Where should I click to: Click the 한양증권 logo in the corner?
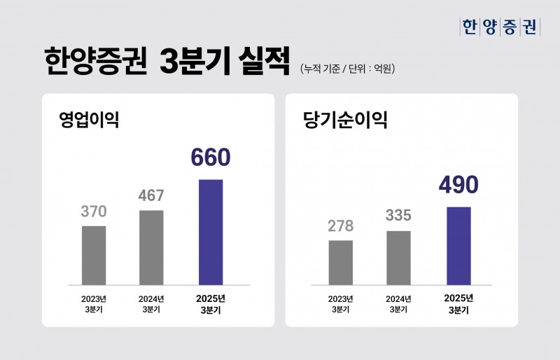499,27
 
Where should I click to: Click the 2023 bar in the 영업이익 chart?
94,255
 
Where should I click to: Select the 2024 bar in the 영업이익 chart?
151,247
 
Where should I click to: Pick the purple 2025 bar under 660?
211,232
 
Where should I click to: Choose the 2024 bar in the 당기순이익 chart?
398,257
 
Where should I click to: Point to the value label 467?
151,196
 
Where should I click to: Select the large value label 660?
210,158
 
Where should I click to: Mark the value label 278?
340,226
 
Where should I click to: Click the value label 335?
398,216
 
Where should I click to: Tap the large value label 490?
458,185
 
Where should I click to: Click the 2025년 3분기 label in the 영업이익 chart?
211,304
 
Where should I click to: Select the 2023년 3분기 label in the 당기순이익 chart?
340,304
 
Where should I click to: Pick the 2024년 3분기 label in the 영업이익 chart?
151,304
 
